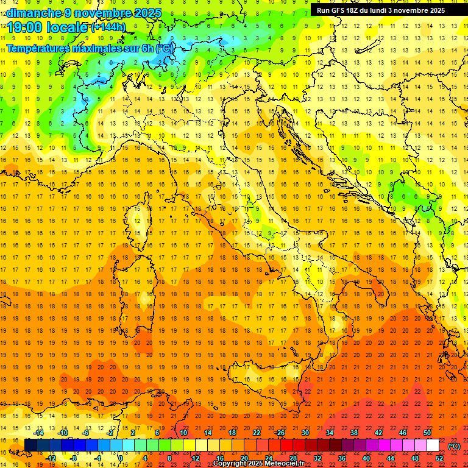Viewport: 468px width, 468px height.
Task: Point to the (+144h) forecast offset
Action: coord(108,27)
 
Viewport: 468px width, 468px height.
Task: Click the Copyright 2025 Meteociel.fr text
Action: coord(258,464)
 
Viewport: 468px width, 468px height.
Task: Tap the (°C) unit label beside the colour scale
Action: coord(454,446)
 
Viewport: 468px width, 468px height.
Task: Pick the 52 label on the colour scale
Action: coord(439,458)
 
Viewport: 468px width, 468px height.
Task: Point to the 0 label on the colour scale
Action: coord(121,458)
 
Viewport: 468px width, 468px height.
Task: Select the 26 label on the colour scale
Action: coord(280,433)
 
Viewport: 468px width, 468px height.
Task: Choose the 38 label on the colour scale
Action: coord(353,433)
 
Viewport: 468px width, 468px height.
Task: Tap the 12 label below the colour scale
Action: coord(196,458)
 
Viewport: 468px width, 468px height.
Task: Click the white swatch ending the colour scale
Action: coord(433,445)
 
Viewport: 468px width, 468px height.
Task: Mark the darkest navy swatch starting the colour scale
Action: coord(30,445)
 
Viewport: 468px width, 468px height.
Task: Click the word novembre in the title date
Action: coord(103,13)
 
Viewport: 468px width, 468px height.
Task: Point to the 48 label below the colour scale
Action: coord(415,458)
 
